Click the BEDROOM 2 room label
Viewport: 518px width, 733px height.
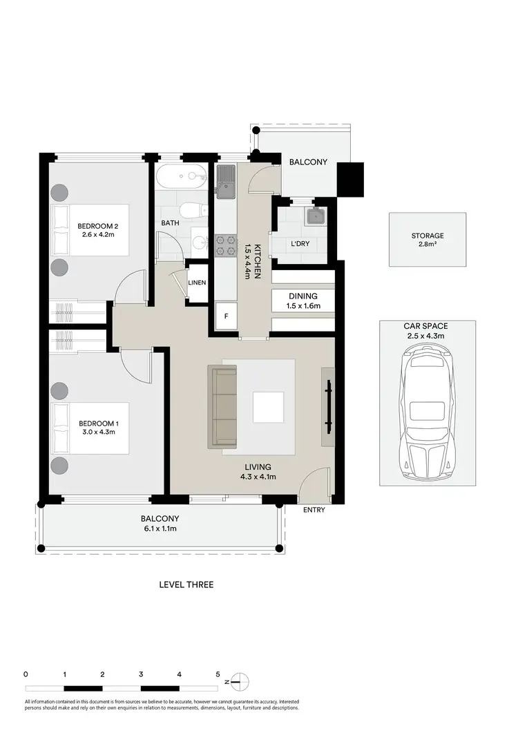tap(98, 226)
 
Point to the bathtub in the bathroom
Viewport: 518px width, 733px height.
tap(180, 177)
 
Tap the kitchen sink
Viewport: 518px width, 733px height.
tap(227, 178)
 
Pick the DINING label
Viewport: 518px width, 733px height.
tap(303, 296)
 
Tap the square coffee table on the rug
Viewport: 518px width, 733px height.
tap(268, 407)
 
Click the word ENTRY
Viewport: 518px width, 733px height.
tap(314, 511)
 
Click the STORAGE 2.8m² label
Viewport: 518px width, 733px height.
tap(428, 240)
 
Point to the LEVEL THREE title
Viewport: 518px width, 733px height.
tap(186, 584)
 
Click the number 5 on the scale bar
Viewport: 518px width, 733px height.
tap(218, 674)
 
